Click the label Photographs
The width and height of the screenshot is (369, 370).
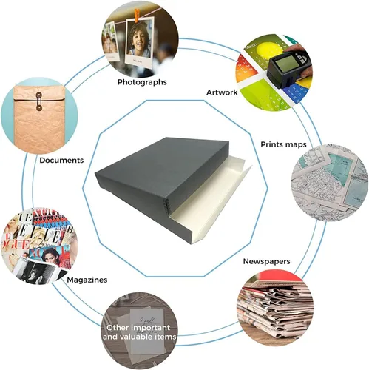point(142,82)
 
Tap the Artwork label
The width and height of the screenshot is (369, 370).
point(222,92)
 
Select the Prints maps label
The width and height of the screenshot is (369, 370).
point(283,144)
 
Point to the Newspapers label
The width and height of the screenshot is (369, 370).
point(266,261)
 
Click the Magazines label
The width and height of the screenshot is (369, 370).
point(87,280)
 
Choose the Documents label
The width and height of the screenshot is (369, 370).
point(61,161)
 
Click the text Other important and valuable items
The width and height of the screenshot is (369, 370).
point(139,332)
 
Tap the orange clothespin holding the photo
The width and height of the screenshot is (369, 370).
point(137,16)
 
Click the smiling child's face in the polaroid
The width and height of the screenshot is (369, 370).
point(138,39)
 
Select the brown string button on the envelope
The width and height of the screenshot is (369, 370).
point(38,101)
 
